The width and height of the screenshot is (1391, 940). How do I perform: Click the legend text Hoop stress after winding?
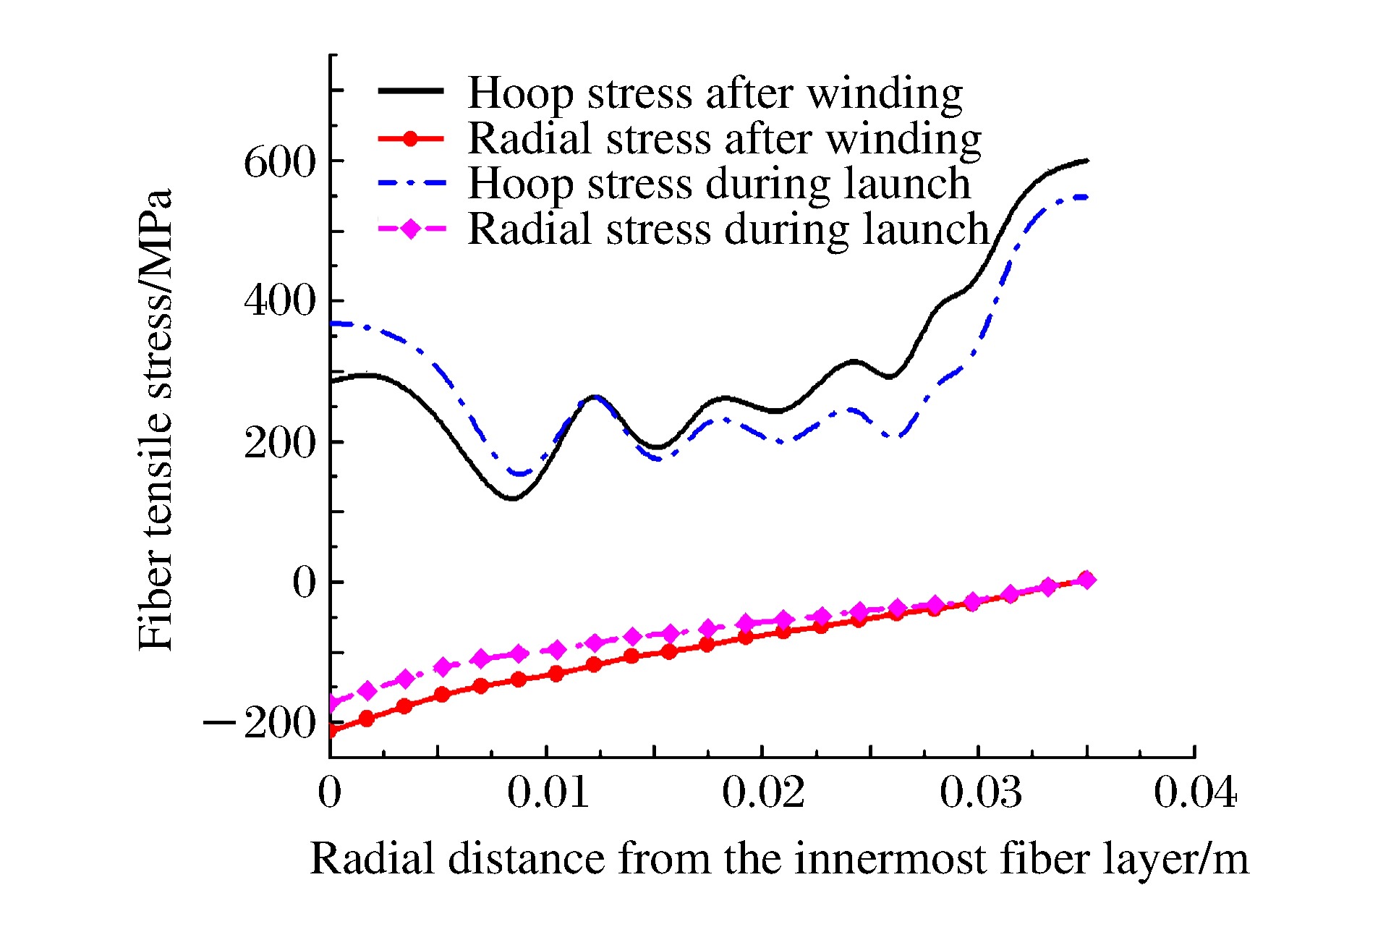715,93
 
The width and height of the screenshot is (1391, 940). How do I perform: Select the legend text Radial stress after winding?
724,138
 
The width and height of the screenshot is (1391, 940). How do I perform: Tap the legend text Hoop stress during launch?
719,184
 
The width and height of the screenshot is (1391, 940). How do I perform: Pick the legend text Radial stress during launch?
728,229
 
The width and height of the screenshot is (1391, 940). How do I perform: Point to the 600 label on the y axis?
281,161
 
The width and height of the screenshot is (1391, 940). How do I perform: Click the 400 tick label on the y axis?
281,300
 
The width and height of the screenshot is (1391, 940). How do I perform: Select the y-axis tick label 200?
281,441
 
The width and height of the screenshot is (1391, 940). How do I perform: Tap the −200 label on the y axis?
260,722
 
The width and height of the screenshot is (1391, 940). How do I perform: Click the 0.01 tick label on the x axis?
548,792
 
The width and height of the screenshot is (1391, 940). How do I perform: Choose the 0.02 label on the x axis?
763,792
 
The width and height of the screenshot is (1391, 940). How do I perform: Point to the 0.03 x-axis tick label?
980,792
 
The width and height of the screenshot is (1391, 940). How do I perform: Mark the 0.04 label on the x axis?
1195,792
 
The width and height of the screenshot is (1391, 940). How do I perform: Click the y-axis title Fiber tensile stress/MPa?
156,420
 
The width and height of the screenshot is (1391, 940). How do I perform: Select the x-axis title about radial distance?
779,859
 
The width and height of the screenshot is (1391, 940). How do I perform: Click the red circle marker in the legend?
410,138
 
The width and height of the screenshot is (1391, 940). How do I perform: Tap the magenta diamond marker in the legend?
410,229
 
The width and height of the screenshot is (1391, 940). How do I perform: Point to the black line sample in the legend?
410,90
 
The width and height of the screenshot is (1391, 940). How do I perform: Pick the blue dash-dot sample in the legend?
410,184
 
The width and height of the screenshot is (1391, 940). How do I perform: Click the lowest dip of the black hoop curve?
512,498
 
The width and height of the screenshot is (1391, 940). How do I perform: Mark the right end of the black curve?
1086,161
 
